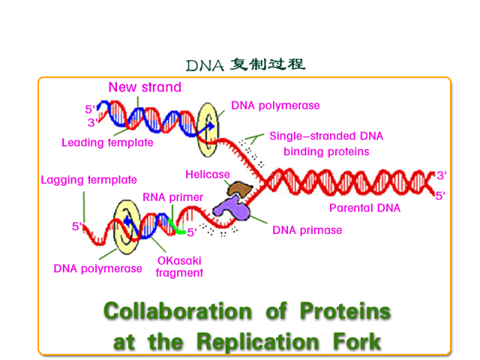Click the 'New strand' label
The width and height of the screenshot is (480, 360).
point(145,87)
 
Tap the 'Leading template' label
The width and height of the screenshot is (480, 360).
point(107,142)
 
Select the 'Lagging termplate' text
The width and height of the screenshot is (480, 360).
point(88,180)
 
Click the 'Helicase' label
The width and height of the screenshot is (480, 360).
point(208,175)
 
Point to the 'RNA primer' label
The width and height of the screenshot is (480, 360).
point(173,197)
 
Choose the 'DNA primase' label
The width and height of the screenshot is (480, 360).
point(307,230)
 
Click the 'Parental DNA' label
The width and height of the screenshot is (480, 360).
point(365,208)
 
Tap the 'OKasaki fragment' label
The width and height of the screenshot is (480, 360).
point(179,267)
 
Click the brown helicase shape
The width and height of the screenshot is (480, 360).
point(240,189)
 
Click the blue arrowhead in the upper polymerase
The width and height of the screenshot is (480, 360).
point(211,126)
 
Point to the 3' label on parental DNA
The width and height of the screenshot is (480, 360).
point(442,175)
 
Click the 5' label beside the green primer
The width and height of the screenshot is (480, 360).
point(192,232)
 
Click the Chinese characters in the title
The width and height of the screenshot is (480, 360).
point(268,64)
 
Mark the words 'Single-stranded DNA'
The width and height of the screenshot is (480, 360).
point(326,136)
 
